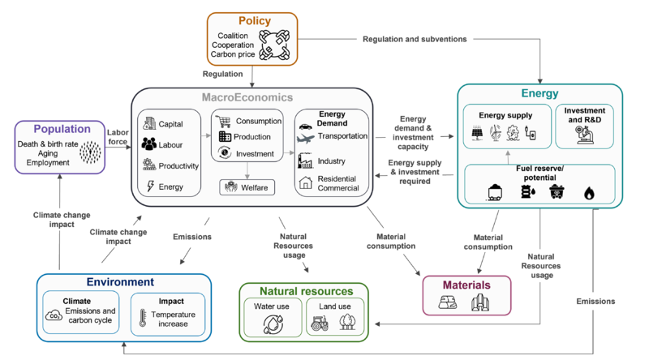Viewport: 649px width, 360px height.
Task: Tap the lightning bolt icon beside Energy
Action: (150, 186)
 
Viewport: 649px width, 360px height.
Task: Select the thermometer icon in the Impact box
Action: (144, 317)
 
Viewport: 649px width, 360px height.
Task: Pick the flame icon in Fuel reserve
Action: (588, 193)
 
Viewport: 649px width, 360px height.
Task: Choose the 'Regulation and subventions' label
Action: (415, 39)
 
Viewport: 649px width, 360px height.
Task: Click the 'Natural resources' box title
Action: (307, 290)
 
